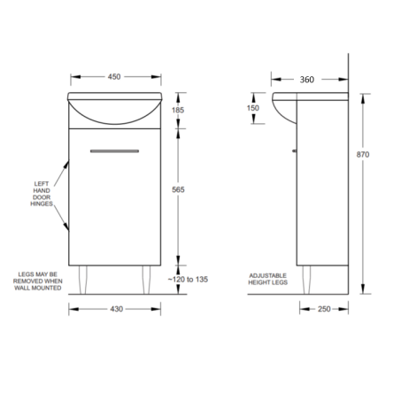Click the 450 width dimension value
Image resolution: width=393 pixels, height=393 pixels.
[x=114, y=77]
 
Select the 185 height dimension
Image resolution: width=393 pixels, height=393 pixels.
[x=178, y=111]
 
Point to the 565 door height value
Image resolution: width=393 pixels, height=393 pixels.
[x=178, y=190]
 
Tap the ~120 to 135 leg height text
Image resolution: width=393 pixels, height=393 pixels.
[x=188, y=279]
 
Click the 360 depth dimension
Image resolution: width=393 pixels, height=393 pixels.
[x=306, y=80]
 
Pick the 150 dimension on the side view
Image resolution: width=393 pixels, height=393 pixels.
[x=254, y=109]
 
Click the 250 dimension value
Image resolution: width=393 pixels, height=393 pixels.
[x=325, y=308]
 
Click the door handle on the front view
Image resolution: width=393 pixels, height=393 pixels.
[x=112, y=151]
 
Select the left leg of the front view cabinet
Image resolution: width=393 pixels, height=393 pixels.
[x=89, y=278]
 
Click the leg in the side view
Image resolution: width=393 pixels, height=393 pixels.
[x=306, y=279]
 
